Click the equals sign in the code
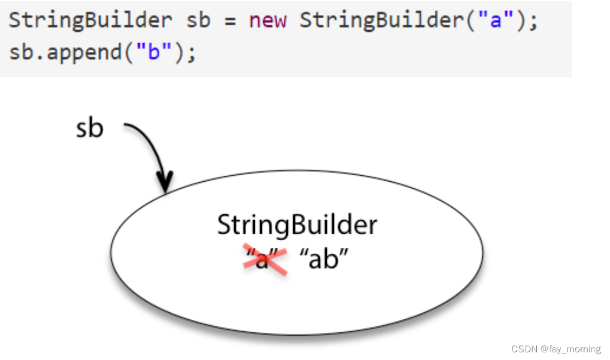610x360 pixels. coord(230,21)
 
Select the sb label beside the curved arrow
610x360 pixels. coord(90,128)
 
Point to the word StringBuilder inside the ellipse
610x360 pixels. coord(297,225)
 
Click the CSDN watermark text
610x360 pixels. coord(523,349)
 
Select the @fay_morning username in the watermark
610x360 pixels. coord(568,349)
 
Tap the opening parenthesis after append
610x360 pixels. coord(127,53)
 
